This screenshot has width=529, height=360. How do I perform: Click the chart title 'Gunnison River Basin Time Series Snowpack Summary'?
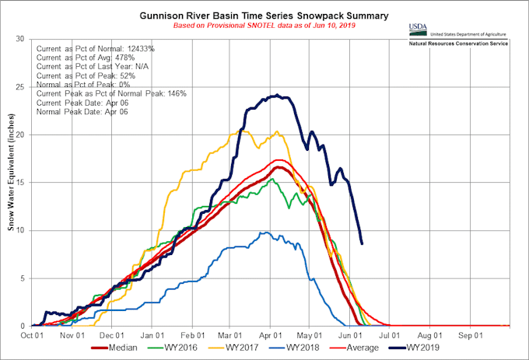264,15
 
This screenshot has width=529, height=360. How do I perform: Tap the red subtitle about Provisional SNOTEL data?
264,26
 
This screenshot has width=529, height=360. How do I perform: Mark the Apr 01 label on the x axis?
270,336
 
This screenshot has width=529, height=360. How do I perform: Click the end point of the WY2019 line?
362,243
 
